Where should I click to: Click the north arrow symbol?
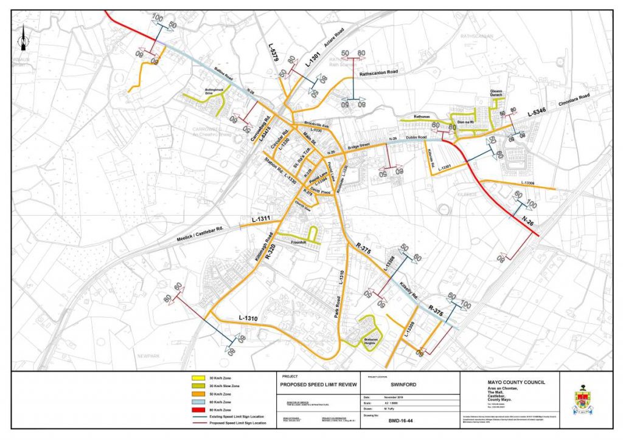tap(23, 39)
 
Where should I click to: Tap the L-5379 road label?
tap(274, 53)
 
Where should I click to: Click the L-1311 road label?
tap(261, 217)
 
